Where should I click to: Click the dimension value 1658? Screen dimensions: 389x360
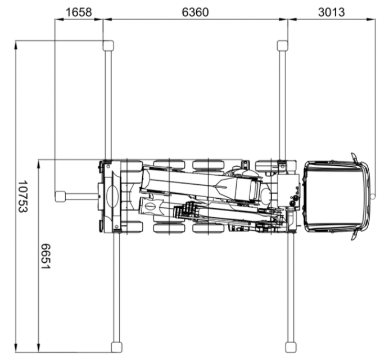79,12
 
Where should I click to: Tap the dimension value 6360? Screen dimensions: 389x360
195,12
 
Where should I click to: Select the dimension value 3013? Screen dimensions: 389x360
332,12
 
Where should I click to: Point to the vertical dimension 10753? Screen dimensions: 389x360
23,197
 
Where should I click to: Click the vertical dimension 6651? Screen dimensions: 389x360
46,256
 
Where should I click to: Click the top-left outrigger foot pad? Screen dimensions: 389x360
108,45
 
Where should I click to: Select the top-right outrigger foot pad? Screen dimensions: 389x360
282,45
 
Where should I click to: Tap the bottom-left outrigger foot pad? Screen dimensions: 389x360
116,347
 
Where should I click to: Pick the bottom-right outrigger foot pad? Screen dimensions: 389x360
291,347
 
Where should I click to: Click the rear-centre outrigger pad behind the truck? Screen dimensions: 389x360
60,197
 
